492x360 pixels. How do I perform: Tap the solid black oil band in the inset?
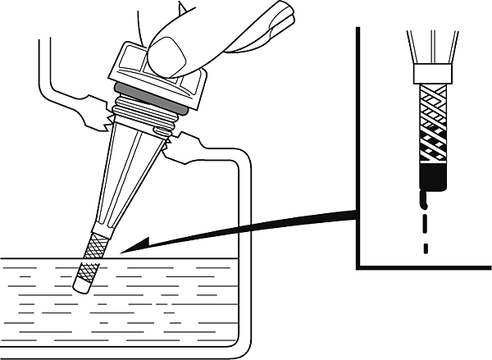(432, 176)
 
